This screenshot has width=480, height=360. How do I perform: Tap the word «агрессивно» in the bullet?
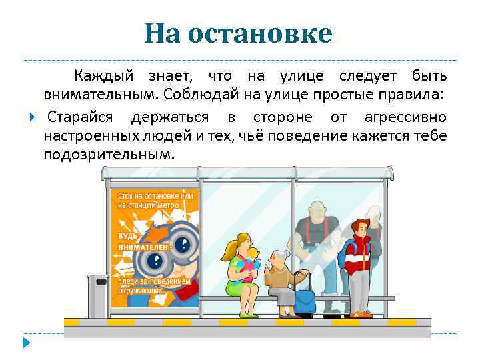tap(405, 118)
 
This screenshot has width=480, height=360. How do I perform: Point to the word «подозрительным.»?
tap(109, 155)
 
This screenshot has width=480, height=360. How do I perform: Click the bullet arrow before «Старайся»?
tap(32, 118)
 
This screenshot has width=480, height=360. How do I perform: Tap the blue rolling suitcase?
tap(305, 300)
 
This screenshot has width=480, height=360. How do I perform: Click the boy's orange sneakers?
tap(360, 314)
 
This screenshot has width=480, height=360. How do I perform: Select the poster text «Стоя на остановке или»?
tap(155, 196)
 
